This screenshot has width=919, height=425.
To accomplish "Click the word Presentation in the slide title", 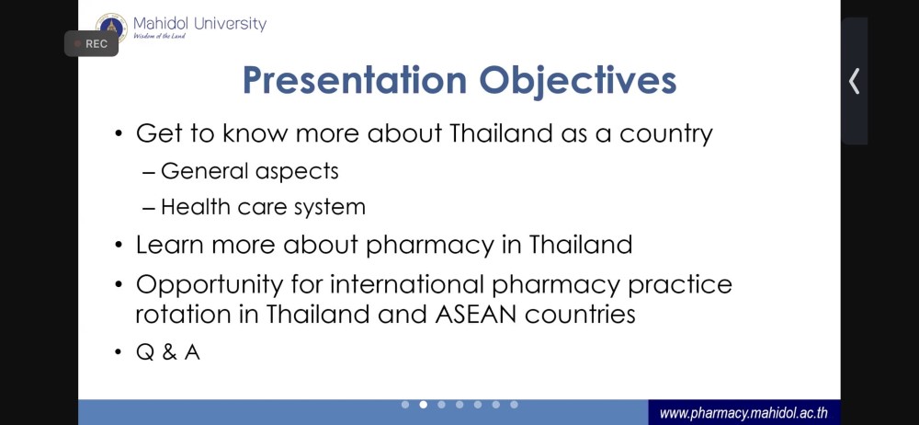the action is pos(355,80).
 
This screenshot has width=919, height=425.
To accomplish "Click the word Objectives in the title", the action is pos(578,81).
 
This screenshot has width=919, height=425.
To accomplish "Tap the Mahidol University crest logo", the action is pos(111,27).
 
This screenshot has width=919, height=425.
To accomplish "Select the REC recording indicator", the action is pos(91,43).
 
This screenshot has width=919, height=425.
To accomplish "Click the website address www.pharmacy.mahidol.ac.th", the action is pos(743,413).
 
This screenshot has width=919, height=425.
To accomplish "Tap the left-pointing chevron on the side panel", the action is pos(855,81).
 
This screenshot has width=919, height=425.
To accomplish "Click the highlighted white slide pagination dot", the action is pos(423,405).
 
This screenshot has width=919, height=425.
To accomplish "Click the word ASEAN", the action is pos(476,314).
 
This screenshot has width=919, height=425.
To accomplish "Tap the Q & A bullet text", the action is pos(168,352).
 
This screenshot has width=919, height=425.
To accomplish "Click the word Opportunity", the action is pos(210,285).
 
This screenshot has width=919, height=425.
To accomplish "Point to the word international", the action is pos(407,284).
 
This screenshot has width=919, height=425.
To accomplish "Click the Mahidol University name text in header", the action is pos(199,24).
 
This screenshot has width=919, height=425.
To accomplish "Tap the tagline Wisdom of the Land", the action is pos(159,36).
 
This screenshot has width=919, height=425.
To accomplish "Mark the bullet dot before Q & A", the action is pos(119,353).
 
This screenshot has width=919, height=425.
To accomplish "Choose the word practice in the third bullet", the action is pos(680,285).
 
